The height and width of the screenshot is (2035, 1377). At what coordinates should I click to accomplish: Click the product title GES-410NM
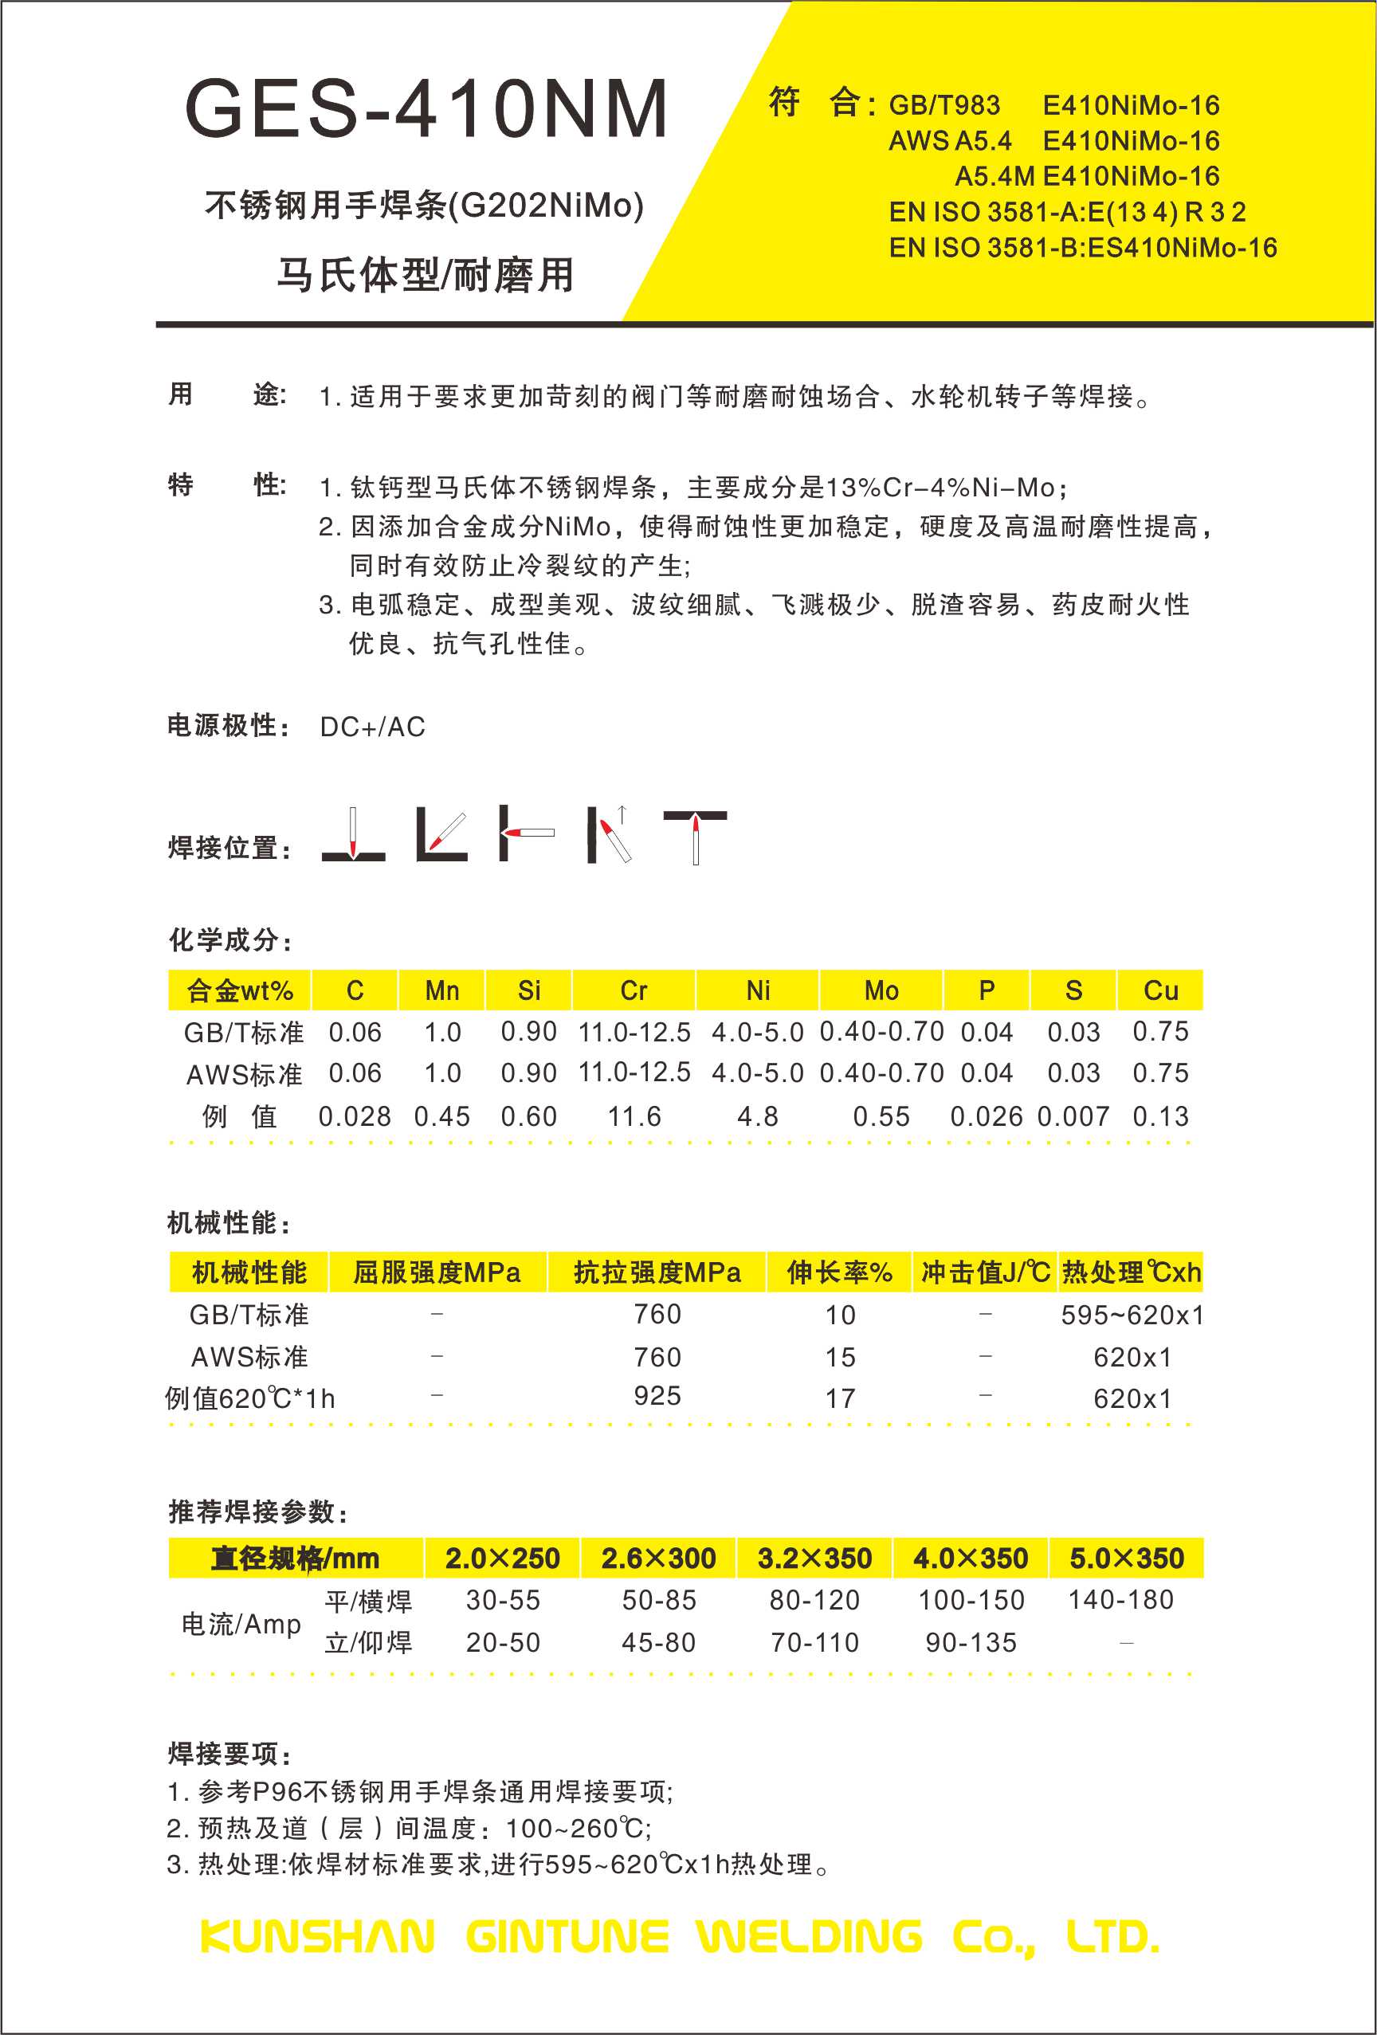pos(426,108)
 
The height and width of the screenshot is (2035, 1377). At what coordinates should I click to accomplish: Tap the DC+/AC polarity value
pos(372,727)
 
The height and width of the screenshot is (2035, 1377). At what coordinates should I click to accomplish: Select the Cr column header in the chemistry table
pos(634,990)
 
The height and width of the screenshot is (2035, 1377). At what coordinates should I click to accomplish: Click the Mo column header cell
pos(881,990)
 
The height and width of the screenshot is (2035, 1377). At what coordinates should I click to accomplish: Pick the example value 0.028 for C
pos(355,1116)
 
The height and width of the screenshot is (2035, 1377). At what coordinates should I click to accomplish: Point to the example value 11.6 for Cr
pos(634,1116)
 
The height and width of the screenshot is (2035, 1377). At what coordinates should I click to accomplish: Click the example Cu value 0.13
pos(1160,1116)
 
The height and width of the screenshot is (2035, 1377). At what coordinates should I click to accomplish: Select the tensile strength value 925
pos(657,1396)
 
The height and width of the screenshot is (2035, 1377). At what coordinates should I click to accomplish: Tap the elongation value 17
pos(840,1398)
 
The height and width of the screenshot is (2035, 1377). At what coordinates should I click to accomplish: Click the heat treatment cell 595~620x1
pos(1132,1315)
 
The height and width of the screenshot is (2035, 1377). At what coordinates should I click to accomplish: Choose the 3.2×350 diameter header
pos(814,1559)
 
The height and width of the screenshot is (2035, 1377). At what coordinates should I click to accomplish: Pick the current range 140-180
pos(1120,1600)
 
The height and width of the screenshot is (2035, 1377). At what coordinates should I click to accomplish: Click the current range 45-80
pos(659,1642)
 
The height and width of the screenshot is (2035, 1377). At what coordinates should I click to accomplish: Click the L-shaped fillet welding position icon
pos(441,834)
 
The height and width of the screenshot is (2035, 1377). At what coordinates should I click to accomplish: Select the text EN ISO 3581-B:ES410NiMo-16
pos(1083,248)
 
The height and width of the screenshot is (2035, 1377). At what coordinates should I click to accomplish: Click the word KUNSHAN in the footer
pos(317,1937)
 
